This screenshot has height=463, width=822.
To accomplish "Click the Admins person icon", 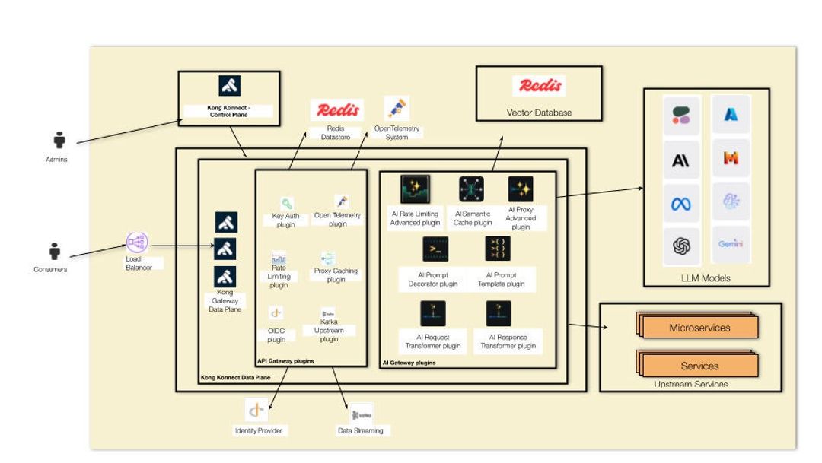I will (x=59, y=141).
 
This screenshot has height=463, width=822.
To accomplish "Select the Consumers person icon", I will (x=55, y=251).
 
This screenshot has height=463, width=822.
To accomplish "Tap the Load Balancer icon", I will (x=137, y=243).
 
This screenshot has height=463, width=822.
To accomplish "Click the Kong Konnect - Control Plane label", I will (x=228, y=112).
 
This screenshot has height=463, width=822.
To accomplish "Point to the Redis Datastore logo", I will (x=336, y=109).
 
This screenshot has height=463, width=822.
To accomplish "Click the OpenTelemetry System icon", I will (x=396, y=108).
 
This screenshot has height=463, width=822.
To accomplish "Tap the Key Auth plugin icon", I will (x=286, y=204).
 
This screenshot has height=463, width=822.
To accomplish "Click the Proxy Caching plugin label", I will (x=336, y=275).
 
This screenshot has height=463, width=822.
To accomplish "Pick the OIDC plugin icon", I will (x=276, y=312).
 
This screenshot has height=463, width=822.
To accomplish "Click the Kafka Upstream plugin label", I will (x=329, y=331).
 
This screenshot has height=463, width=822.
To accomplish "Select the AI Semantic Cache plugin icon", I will (x=472, y=189).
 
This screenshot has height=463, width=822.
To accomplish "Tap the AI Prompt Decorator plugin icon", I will (x=435, y=249).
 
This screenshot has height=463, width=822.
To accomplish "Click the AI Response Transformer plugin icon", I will (x=499, y=313).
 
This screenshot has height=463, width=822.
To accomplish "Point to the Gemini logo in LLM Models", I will (x=731, y=244).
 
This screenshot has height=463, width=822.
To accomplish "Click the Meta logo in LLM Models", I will (x=680, y=204).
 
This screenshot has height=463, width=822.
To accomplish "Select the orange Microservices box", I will (x=699, y=328).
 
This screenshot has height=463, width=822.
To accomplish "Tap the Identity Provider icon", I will (x=256, y=411).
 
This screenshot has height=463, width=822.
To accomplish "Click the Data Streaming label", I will (x=361, y=430).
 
